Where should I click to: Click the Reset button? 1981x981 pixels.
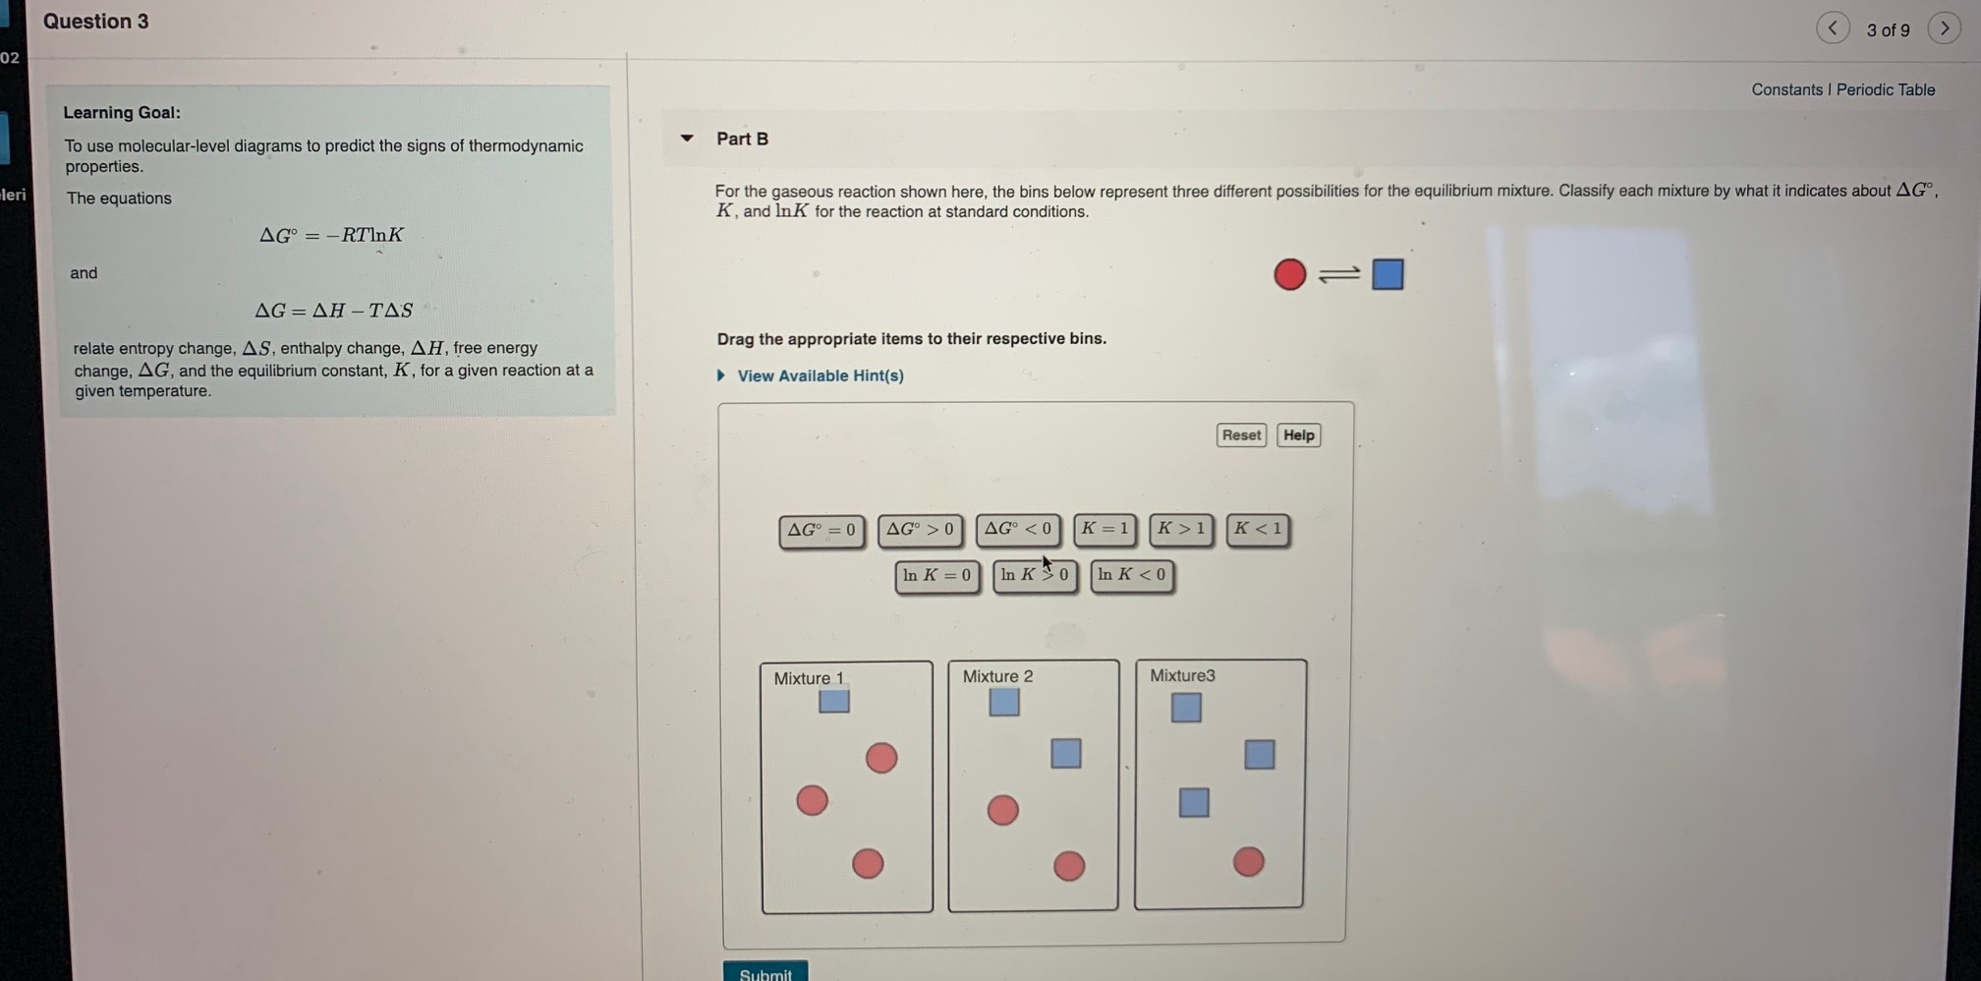pos(1240,435)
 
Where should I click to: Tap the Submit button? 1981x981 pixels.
pos(765,972)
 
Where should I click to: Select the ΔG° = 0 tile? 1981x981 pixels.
pos(821,531)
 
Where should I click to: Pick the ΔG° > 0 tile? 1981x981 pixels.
pos(920,530)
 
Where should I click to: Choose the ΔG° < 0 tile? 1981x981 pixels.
pos(1018,530)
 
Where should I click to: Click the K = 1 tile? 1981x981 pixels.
pos(1104,530)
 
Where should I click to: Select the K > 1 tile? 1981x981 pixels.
pos(1181,530)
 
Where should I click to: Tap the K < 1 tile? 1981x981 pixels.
pos(1258,530)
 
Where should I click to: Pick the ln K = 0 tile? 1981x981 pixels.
pos(936,576)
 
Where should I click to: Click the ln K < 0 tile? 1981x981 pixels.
pos(1132,576)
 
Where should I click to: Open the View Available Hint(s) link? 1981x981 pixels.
pos(820,375)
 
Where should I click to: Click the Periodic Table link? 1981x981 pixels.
pos(1885,89)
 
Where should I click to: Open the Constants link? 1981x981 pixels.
pos(1785,89)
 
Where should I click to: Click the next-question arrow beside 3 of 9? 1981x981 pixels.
pos(1944,29)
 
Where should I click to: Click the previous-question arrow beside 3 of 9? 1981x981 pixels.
pos(1833,29)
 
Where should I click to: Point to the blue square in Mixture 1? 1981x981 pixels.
pos(834,702)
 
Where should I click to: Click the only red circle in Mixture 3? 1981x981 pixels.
pos(1248,862)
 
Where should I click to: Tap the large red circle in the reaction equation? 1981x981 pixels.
pos(1289,274)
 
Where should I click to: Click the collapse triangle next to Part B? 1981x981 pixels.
pos(687,139)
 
